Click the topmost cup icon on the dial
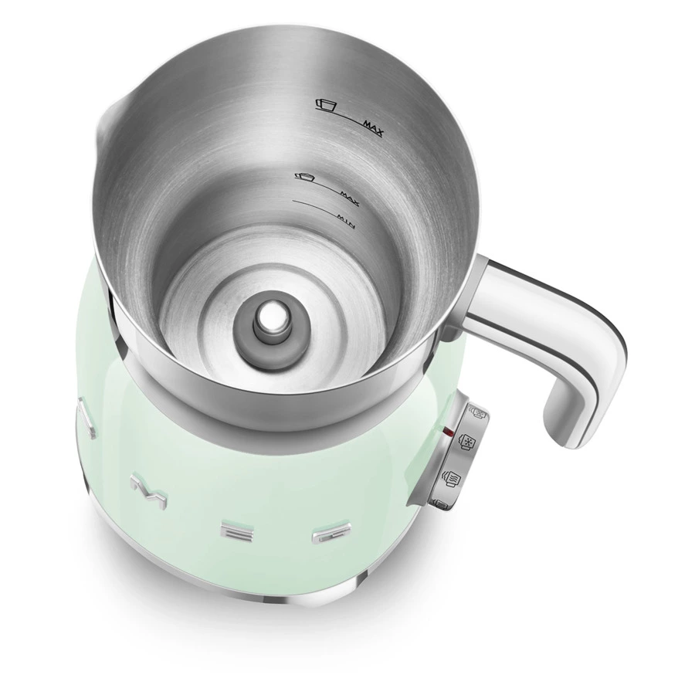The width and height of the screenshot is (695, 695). [x=476, y=415]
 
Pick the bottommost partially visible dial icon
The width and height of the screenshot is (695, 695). [x=439, y=503]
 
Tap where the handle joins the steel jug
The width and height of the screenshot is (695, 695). [x=475, y=293]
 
